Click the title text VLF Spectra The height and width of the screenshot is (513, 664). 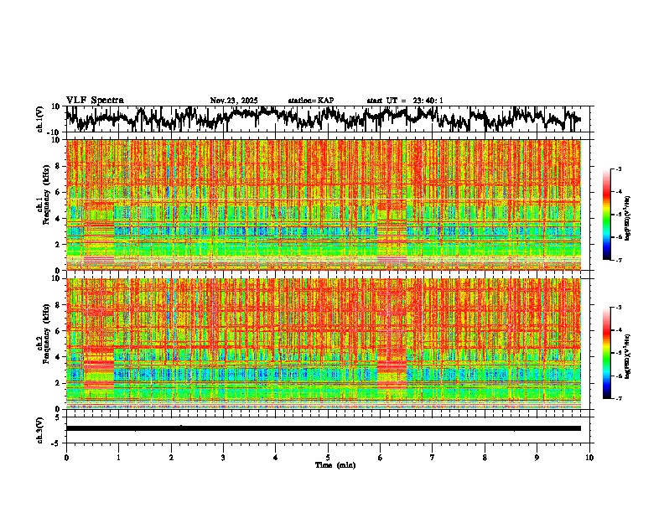pos(95,100)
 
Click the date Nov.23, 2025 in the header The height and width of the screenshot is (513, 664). pos(234,101)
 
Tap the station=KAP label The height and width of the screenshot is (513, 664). pos(310,101)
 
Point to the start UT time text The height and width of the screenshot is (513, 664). pos(405,101)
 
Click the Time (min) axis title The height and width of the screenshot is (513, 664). pos(335,464)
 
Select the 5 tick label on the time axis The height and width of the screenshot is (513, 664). pos(328,457)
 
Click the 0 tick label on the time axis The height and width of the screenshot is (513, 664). pos(66,457)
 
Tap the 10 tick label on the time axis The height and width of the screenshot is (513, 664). pos(589,457)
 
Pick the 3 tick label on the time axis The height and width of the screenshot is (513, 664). pos(223,457)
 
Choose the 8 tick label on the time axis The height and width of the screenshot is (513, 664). pos(485,457)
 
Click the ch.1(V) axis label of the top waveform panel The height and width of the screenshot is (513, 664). pos(40,119)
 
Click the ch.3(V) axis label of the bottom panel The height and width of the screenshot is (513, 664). pos(40,428)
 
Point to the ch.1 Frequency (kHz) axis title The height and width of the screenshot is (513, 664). pos(43,205)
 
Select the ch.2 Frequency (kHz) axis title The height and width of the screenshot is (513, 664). pos(43,343)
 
